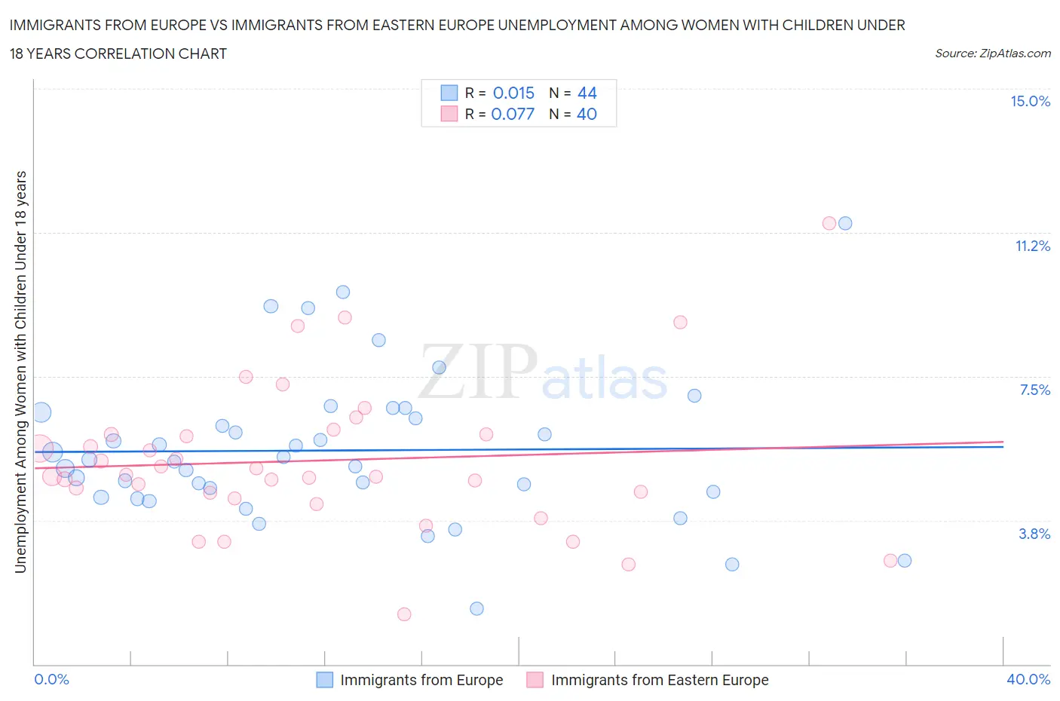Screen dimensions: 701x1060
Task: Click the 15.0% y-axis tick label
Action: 1030,102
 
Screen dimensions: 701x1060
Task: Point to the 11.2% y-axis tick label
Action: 1032,246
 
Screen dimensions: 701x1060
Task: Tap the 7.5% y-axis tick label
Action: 1034,390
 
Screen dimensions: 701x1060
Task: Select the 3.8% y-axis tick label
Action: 1034,534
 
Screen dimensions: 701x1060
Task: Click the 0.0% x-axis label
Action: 51,679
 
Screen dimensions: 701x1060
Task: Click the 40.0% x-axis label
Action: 1028,679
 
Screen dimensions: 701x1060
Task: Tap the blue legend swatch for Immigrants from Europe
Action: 324,680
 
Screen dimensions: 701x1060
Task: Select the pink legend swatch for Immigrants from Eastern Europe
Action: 535,680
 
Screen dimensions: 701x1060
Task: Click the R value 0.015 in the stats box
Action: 513,93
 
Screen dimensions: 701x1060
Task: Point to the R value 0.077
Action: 513,114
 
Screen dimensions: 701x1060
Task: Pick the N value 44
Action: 587,93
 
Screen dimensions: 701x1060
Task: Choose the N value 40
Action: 587,114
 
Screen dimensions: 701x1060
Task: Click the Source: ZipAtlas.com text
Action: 992,54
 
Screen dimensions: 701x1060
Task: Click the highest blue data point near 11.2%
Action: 845,223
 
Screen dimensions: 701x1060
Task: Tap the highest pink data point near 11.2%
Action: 829,223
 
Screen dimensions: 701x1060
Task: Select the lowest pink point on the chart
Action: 404,614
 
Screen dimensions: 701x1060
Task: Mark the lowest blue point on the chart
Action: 476,608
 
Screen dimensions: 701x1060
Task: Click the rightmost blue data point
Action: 905,560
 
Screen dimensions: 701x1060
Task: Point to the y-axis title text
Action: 20,372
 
